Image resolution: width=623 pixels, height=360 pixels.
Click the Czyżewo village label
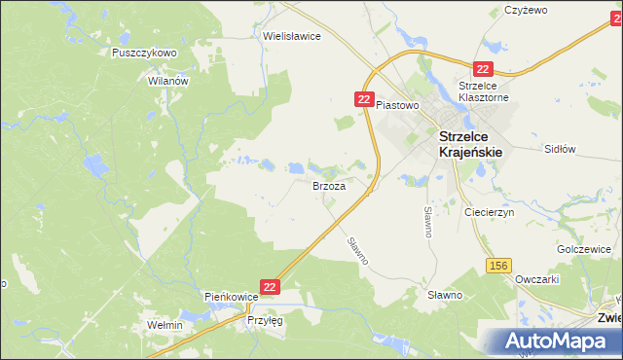[527, 10]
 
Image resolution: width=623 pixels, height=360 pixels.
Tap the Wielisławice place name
[292, 35]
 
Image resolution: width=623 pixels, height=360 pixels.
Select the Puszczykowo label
[144, 53]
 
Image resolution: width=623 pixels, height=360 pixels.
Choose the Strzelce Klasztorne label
[485, 91]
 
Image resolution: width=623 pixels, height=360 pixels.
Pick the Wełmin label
[164, 325]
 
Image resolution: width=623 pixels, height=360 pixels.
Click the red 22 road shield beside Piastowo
[364, 100]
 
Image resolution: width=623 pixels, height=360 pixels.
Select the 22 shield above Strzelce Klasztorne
[483, 68]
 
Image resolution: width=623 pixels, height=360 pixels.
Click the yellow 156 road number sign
[500, 266]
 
